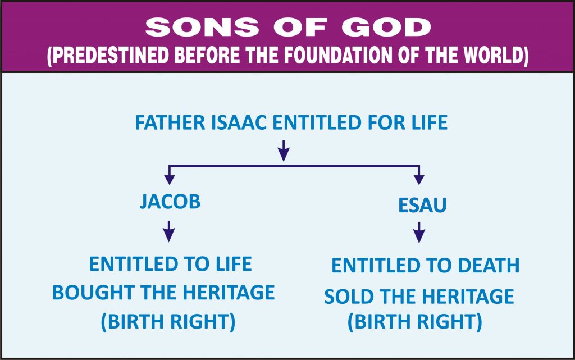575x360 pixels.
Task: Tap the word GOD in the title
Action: tap(386, 28)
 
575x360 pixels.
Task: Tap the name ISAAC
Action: tap(239, 123)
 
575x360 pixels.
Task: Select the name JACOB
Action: tap(171, 202)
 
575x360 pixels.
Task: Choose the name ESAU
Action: tap(422, 205)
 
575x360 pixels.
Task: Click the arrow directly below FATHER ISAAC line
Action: tap(284, 151)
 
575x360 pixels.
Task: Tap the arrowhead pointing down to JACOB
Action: tap(169, 179)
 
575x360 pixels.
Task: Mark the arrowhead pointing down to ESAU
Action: tap(419, 179)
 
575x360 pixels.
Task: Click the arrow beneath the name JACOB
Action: tap(168, 231)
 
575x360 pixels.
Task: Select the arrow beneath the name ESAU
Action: tap(419, 233)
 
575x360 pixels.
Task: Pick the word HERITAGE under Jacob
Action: tap(229, 293)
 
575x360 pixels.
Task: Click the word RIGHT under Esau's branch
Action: tap(449, 321)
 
